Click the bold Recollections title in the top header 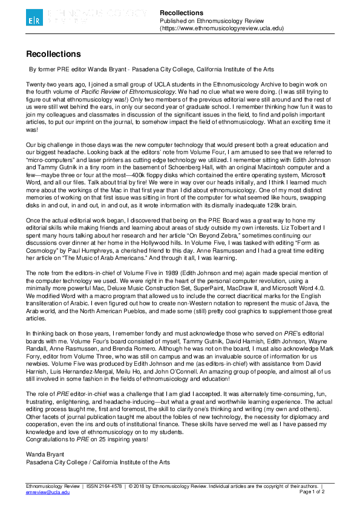tap(182, 12)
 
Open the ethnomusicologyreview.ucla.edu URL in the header tap(221, 28)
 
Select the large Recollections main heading tap(53, 54)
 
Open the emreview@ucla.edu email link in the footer tap(44, 493)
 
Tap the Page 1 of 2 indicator tap(312, 493)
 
